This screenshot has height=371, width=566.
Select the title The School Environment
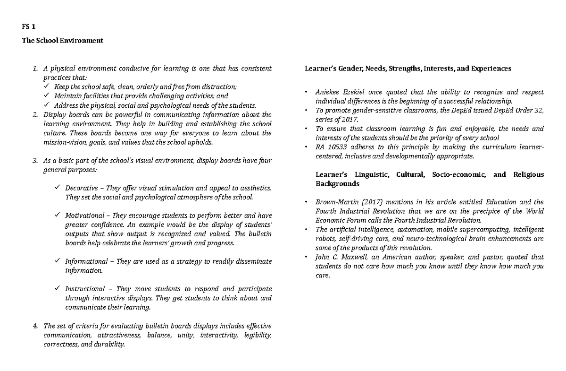62,41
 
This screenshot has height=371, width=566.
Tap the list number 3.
35,161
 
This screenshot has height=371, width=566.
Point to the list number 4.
35,326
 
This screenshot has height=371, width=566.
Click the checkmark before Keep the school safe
45,87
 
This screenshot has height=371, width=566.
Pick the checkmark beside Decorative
57,188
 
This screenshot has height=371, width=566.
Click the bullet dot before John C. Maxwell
306,257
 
